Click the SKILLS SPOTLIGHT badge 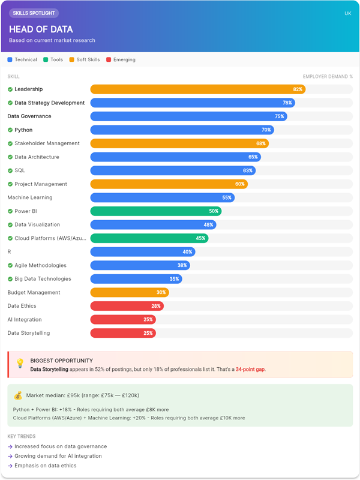pos(34,13)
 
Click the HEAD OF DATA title pos(41,29)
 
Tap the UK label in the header pos(347,13)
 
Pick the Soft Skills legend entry pos(85,59)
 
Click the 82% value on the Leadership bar pos(298,89)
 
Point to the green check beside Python pos(10,130)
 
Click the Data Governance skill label pos(29,116)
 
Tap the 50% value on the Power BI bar pos(214,211)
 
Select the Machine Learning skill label pos(30,197)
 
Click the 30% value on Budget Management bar pos(161,292)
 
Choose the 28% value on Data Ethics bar pos(156,306)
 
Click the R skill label pos(9,252)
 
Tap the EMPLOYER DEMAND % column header pos(328,77)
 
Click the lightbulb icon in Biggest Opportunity pos(20,364)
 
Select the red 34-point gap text pos(250,370)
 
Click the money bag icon pos(18,395)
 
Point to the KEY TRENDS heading pos(22,436)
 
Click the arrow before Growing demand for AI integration pos(10,456)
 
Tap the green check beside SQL pos(10,170)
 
